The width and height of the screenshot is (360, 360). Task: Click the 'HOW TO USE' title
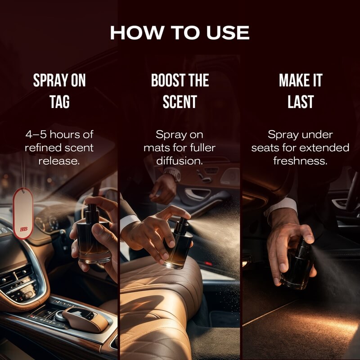[180, 32]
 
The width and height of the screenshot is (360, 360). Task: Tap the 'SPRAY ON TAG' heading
[59, 91]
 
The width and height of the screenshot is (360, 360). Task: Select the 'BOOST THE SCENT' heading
[180, 91]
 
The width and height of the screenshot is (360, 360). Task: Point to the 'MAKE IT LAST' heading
[301, 91]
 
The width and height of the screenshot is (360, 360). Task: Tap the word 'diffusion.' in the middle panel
[180, 161]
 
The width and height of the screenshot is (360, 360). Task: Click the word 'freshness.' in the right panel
[300, 161]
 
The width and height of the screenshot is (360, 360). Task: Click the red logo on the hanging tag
[24, 229]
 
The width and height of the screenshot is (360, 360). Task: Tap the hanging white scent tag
[23, 213]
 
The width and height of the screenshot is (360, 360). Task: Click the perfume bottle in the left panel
[94, 235]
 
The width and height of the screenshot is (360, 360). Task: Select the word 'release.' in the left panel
[59, 161]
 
